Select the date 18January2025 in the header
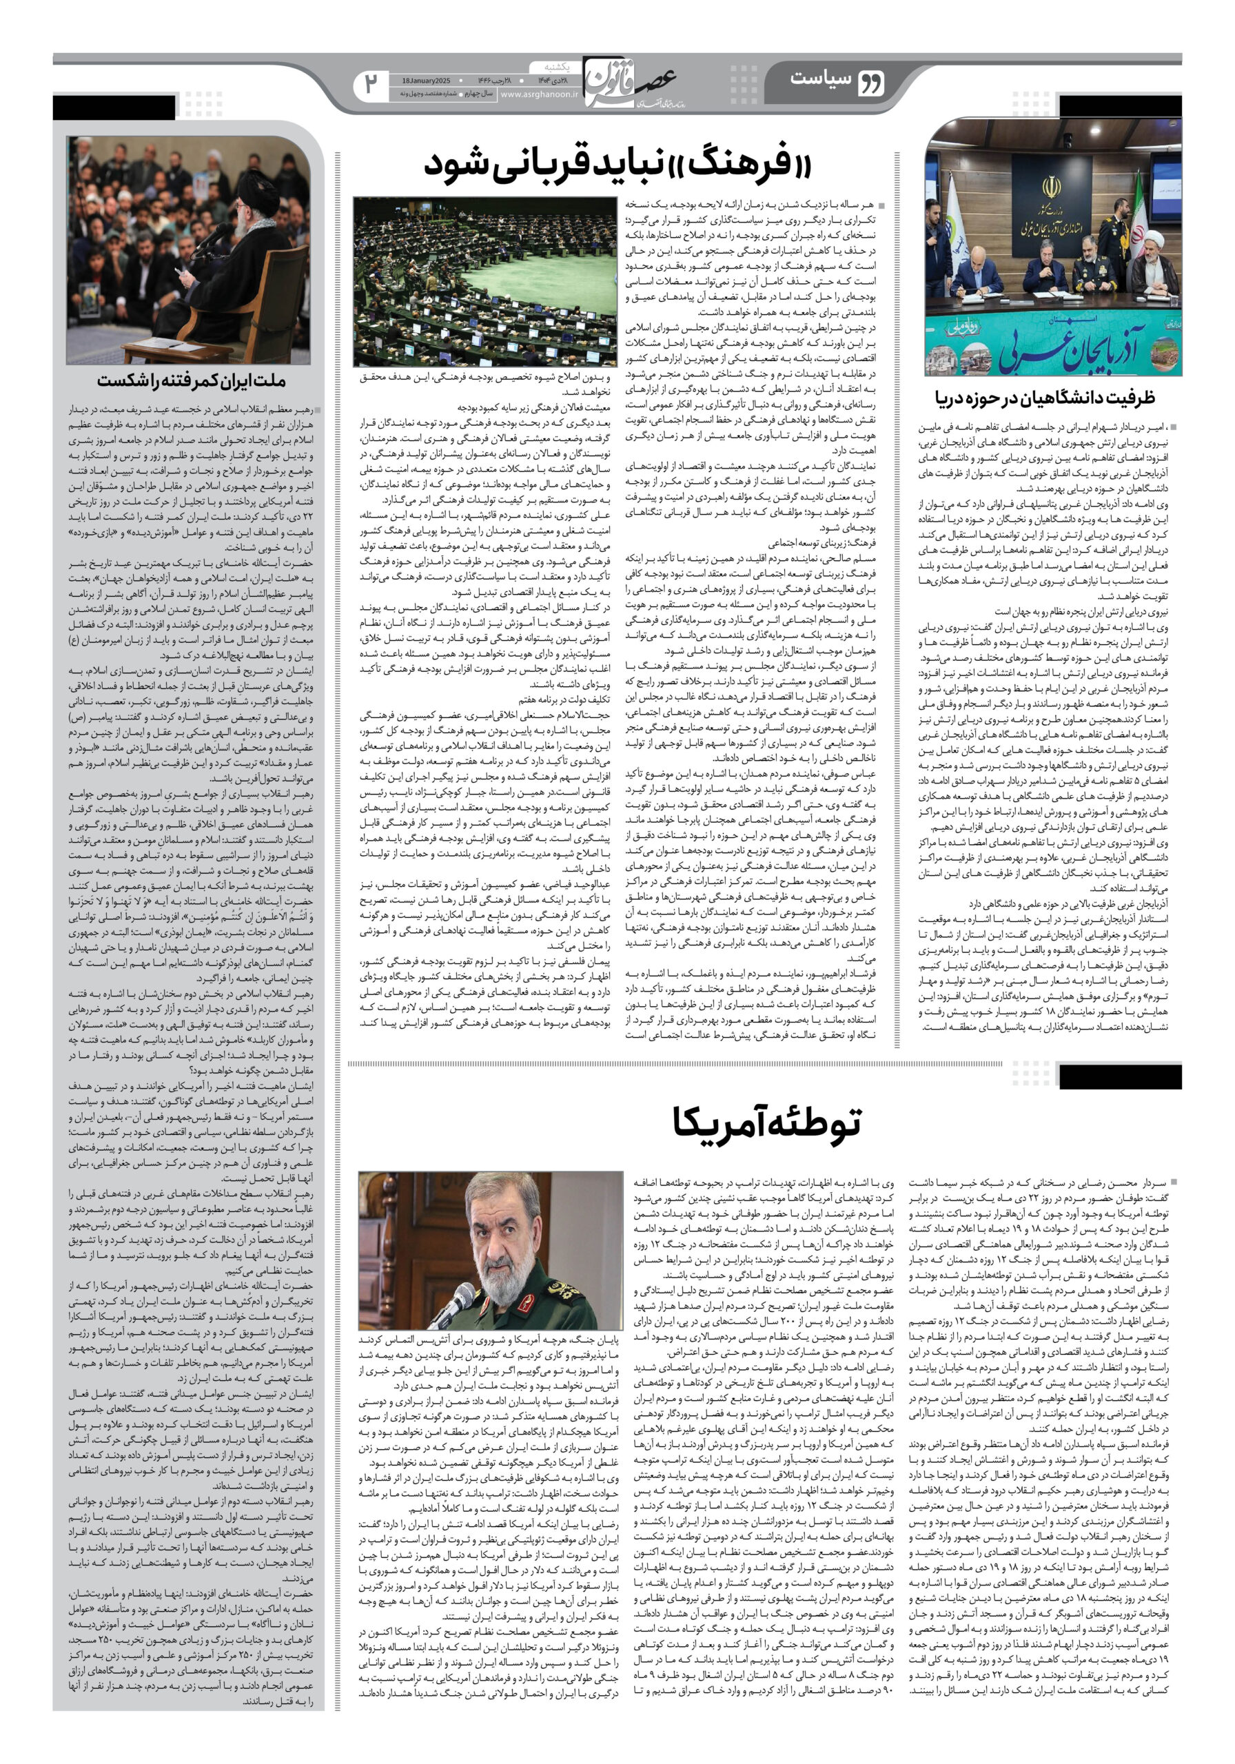coord(427,80)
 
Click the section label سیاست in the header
coord(819,79)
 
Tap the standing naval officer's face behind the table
coord(1122,209)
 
